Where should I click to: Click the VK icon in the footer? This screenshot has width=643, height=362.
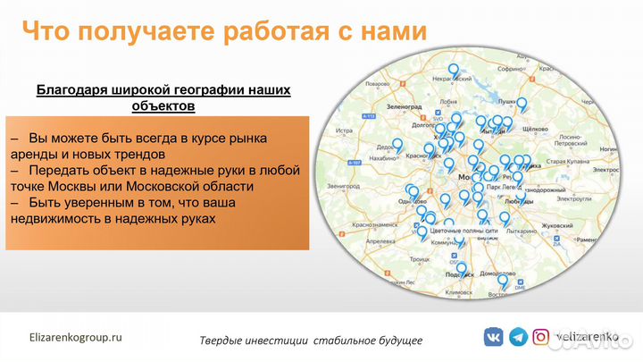click(493, 338)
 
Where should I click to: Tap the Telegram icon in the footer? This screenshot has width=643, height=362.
click(518, 338)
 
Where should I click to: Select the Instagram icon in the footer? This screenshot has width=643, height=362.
click(541, 338)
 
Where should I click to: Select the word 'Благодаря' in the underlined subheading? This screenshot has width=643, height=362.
click(70, 90)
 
